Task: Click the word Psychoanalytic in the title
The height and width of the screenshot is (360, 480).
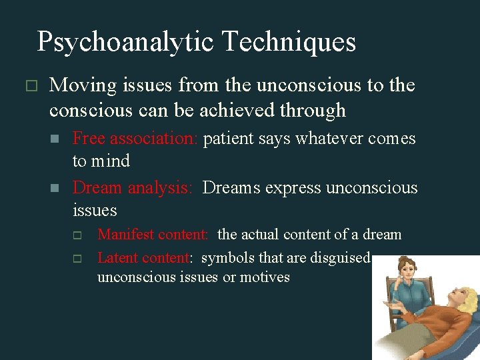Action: point(125,42)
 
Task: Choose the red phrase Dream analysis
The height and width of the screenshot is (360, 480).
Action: point(132,188)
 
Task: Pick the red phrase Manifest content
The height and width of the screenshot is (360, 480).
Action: point(153,235)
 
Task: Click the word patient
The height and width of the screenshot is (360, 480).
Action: point(225,139)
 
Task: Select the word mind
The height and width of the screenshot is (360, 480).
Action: point(111,161)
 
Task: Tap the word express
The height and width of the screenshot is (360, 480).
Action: point(293,188)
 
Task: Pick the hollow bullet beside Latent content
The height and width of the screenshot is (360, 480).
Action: point(77,259)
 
